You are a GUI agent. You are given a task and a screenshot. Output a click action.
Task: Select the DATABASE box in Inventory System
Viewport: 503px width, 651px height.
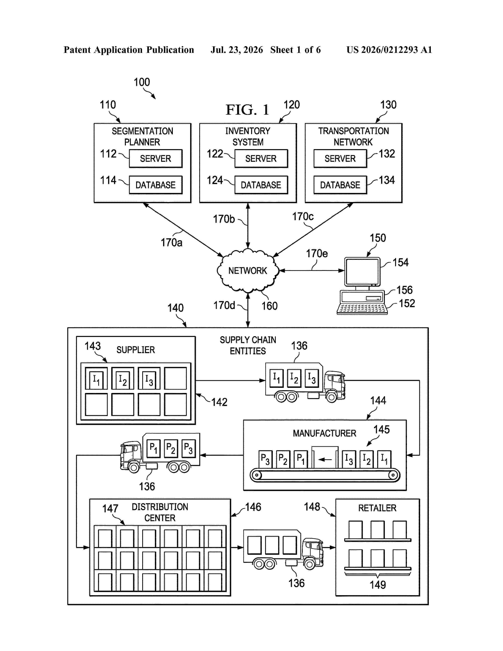261,185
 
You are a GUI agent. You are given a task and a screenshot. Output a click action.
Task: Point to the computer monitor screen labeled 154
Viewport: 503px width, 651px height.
362,272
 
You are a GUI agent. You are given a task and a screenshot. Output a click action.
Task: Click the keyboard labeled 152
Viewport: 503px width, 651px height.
362,309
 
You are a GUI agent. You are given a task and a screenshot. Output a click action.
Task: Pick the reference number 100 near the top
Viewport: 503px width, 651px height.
142,82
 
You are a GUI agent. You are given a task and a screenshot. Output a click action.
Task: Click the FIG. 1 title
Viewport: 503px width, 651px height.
247,109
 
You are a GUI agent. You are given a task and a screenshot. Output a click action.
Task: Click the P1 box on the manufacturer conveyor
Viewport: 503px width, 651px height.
301,459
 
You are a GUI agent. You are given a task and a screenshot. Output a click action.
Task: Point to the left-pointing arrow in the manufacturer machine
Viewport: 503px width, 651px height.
325,459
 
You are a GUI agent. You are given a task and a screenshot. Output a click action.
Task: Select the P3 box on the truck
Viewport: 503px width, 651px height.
188,448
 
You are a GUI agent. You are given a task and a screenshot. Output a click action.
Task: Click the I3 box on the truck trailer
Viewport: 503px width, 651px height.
312,378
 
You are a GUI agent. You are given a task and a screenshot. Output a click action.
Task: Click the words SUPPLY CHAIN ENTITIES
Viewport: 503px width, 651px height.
248,345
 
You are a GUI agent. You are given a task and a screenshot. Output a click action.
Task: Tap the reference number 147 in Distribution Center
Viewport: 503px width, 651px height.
110,509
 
